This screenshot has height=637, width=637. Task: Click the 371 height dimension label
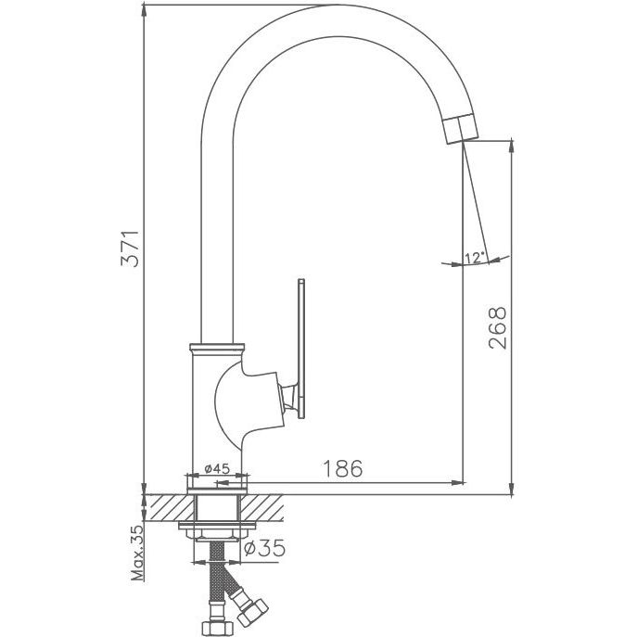pos(131,248)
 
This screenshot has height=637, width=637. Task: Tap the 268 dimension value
pos(498,328)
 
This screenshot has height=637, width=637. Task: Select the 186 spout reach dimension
pos(342,468)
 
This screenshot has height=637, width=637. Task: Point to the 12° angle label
pos(475,258)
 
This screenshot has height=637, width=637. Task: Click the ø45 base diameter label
pos(217,469)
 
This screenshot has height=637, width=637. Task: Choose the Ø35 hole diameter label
pos(264,548)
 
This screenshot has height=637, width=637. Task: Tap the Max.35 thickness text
pos(138,553)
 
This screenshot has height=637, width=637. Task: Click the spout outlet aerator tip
pos(461,130)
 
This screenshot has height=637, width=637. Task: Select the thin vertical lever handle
pos(301,348)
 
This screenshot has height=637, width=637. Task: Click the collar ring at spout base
pos(217,349)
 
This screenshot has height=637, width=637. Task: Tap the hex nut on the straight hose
pos(216,629)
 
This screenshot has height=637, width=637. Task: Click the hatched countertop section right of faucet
pos(262,508)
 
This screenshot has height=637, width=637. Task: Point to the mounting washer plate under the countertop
pos(217,526)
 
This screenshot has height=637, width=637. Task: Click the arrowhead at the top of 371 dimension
pos(144,11)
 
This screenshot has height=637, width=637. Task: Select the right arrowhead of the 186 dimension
pos(457,483)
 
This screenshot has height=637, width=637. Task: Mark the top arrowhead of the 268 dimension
pos(512,147)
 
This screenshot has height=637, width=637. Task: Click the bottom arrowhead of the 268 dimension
pos(512,489)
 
